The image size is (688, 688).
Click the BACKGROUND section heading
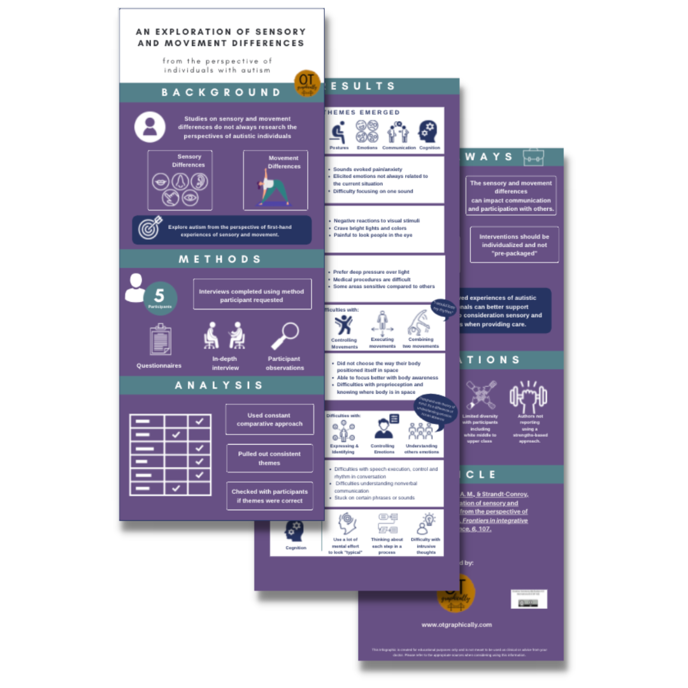[x=221, y=92]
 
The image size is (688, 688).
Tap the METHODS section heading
[x=221, y=259]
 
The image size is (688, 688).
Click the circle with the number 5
[x=160, y=297]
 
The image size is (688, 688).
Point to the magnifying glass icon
[x=284, y=335]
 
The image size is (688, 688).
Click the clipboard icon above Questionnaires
[x=160, y=338]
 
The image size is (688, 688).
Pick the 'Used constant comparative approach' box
[x=269, y=419]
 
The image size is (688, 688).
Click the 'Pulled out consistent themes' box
[x=269, y=458]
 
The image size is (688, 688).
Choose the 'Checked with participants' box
[x=269, y=496]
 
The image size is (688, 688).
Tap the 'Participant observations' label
[x=284, y=363]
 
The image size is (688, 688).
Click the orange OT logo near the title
[x=307, y=83]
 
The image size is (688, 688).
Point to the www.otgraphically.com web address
[x=456, y=625]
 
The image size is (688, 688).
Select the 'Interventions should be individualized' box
[x=514, y=245]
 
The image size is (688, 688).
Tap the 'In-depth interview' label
[x=226, y=363]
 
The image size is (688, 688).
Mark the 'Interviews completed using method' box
[x=252, y=295]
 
